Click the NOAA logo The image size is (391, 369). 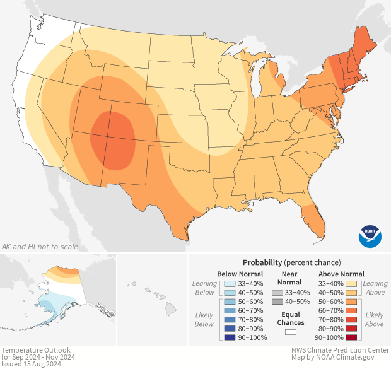pos(370,235)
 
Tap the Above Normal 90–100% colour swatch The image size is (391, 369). pos(351,337)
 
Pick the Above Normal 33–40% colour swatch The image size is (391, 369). pos(351,283)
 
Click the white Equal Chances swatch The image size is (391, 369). pos(290,332)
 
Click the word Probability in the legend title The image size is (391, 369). pos(262,262)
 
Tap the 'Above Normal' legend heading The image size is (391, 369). pos(341,274)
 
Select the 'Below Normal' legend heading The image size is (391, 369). pos(240,274)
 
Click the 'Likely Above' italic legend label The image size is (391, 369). pos(375,319)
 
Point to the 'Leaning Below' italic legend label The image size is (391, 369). pos(204,288)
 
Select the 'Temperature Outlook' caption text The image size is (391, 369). pos(35,350)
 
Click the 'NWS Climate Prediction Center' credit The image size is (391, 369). pos(340,350)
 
